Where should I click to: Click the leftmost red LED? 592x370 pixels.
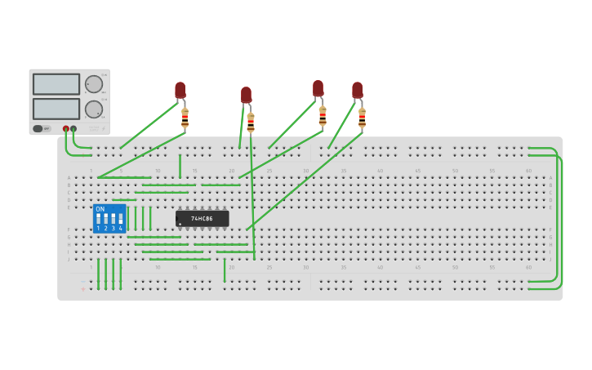pos(180,90)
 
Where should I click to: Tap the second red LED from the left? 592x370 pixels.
pos(246,95)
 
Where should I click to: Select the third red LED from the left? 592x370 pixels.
pos(318,88)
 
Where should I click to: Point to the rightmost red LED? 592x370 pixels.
pos(357,90)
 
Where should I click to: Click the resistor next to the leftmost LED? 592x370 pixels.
pos(185,118)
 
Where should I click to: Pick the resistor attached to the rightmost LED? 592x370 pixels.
pos(362,118)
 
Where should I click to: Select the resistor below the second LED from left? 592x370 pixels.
pos(251,123)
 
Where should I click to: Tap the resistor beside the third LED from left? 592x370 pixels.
pos(323,116)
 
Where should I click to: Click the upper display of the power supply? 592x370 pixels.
pos(56,84)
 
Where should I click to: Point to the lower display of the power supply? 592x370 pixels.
pos(56,109)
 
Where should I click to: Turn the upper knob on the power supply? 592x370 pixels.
pos(94,84)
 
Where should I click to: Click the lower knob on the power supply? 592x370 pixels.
pos(94,109)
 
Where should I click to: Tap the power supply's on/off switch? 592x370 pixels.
pos(38,128)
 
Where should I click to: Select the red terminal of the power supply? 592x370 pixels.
pos(66,128)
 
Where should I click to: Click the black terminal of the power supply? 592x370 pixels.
pos(73,128)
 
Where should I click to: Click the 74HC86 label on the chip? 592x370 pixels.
pos(202,219)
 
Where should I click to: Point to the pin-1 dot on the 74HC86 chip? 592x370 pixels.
pos(180,224)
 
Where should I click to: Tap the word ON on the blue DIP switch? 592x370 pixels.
pos(100,209)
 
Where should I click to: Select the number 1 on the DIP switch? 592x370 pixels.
pos(98,229)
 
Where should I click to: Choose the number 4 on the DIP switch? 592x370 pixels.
pos(120,229)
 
